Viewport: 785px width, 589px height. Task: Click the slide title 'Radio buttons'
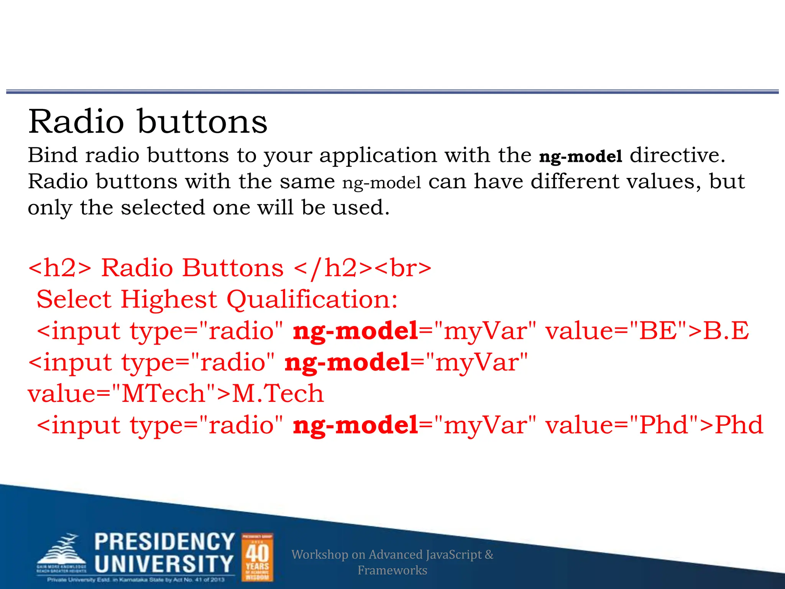(148, 122)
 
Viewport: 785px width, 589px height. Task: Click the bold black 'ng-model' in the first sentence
(580, 156)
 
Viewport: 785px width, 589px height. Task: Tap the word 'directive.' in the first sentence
(678, 155)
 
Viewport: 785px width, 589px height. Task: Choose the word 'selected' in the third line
(163, 207)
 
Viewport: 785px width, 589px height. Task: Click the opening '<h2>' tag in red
(60, 268)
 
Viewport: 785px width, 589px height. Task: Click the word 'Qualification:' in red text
(312, 299)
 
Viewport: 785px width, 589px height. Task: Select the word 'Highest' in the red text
(169, 299)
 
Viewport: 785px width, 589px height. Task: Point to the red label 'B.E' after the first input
(726, 331)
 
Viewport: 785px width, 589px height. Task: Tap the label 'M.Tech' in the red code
(278, 394)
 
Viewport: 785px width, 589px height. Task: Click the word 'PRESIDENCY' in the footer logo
(164, 542)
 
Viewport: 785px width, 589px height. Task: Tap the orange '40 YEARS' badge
(257, 557)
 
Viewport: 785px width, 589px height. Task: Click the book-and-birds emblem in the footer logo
(61, 552)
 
